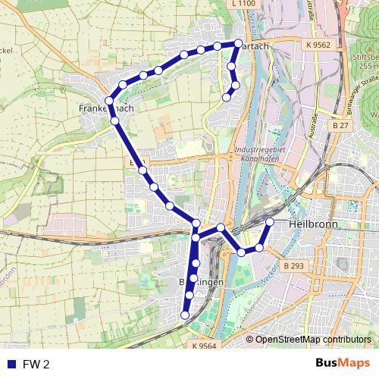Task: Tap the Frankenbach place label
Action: tap(106, 109)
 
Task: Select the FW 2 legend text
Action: tap(36, 365)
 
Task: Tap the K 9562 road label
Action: tap(319, 45)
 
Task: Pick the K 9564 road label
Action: tap(204, 346)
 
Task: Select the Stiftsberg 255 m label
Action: tap(366, 61)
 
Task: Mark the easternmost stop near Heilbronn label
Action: tap(270, 221)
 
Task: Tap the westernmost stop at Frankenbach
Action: tap(109, 101)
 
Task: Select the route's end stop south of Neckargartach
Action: tap(227, 96)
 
